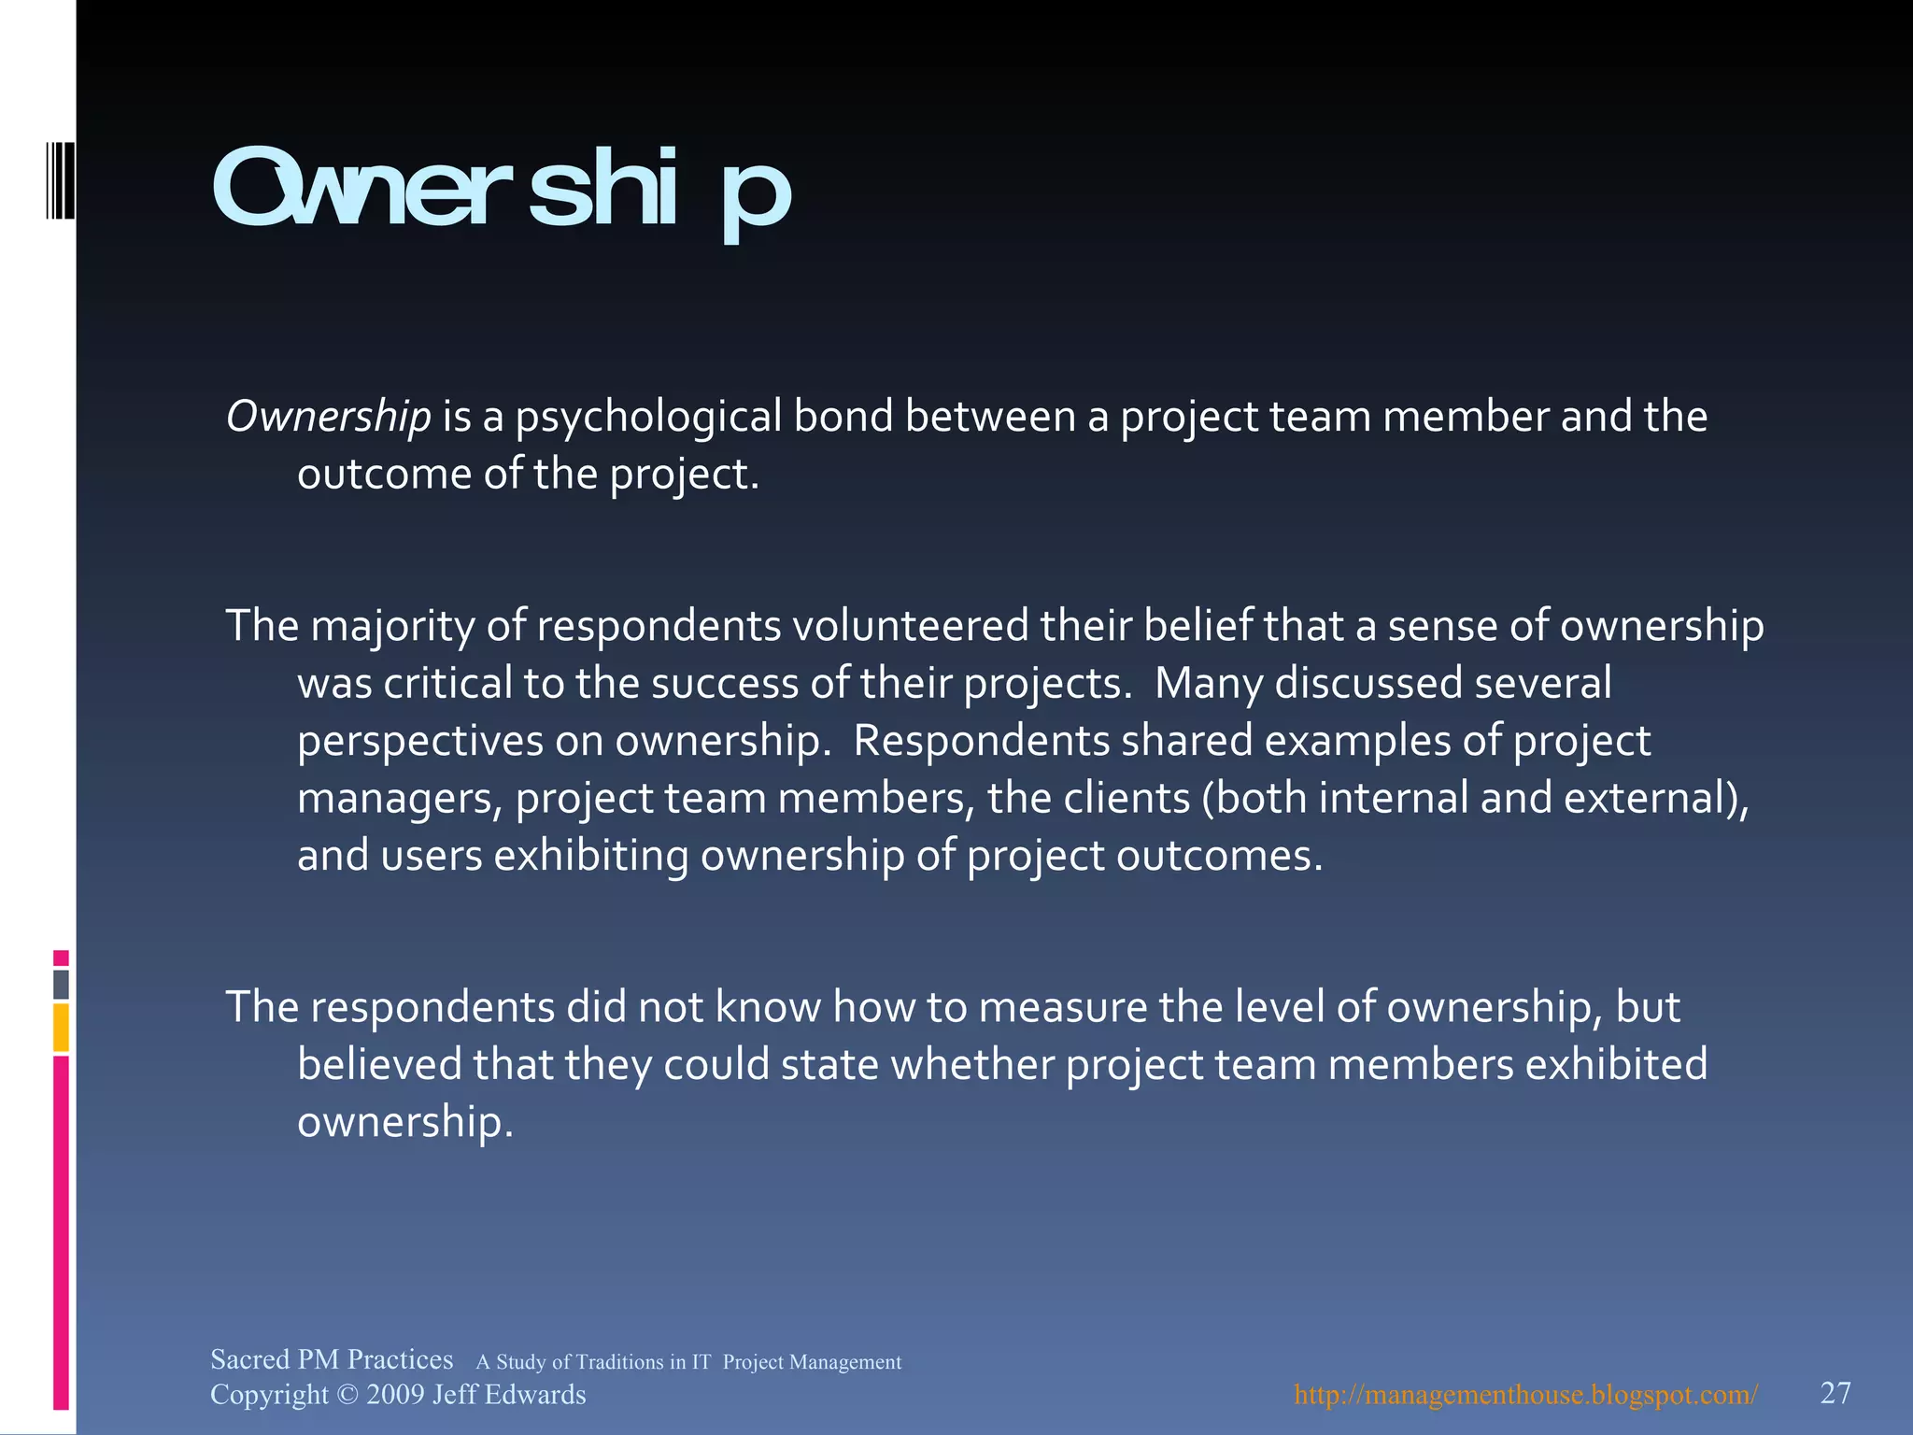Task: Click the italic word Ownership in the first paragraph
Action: (329, 416)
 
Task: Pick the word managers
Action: (399, 799)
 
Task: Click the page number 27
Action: (1835, 1393)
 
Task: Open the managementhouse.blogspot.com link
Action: (1525, 1395)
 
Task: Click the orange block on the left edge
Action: (61, 1028)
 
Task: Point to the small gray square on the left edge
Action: (61, 985)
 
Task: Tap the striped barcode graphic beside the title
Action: (61, 179)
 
